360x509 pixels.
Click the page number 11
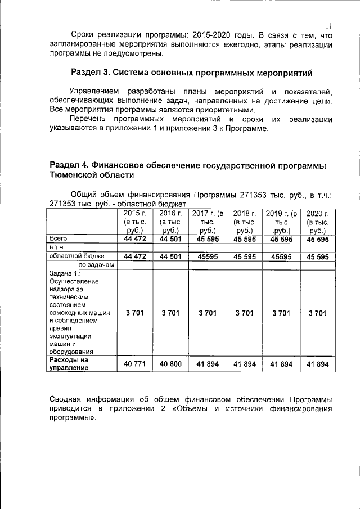[329, 25]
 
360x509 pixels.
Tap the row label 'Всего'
[58, 238]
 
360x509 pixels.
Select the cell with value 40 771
[134, 364]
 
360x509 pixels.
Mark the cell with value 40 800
[170, 364]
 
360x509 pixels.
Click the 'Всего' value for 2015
[134, 239]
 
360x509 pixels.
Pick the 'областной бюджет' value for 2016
[170, 257]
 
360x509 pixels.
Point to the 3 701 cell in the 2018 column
[244, 313]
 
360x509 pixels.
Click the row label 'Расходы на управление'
[69, 363]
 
